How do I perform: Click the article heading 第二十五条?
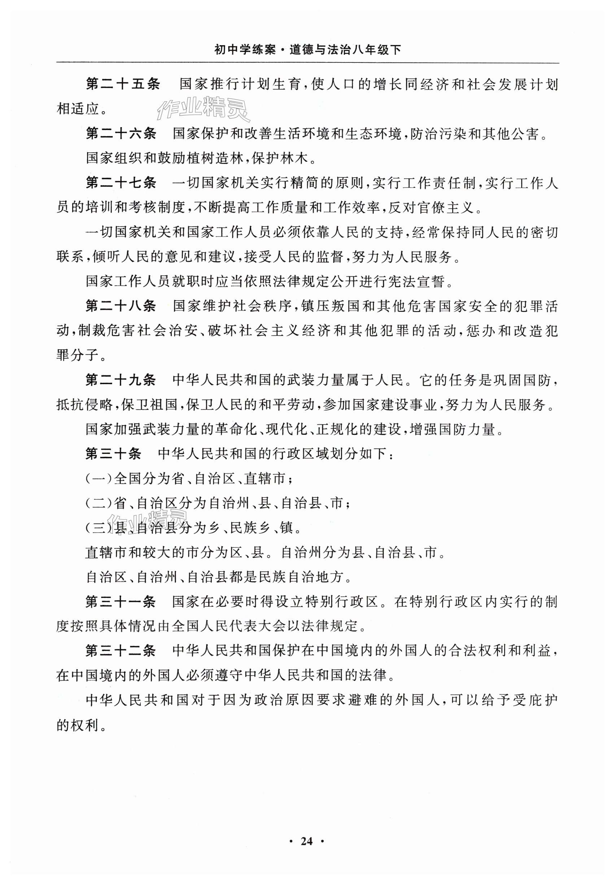(122, 84)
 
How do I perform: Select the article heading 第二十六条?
(121, 134)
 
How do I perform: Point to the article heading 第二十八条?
(121, 306)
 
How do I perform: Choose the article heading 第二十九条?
(121, 380)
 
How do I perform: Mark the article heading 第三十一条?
(121, 602)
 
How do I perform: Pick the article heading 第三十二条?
(121, 651)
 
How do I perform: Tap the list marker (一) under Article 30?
(99, 478)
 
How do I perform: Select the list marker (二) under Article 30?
(99, 503)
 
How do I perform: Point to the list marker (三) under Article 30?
(99, 528)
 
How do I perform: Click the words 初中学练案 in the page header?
(245, 50)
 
